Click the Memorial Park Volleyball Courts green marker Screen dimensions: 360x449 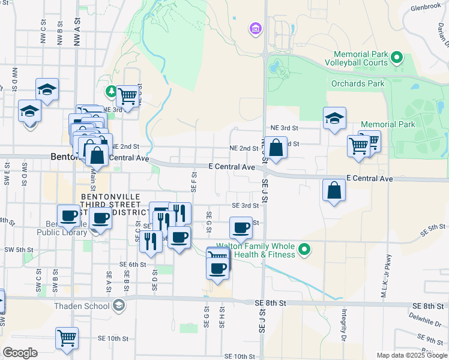396,58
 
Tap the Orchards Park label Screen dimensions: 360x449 358,83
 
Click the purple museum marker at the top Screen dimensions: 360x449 255,28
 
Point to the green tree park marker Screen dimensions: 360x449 111,91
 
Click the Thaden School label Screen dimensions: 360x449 82,306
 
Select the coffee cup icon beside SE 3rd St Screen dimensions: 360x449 241,227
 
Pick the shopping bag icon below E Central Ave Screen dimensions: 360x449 334,190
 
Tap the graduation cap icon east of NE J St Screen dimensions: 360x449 334,118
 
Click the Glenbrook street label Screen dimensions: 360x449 426,8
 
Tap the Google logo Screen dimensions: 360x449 20,353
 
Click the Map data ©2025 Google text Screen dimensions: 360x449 411,355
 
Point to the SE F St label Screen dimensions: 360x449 194,182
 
